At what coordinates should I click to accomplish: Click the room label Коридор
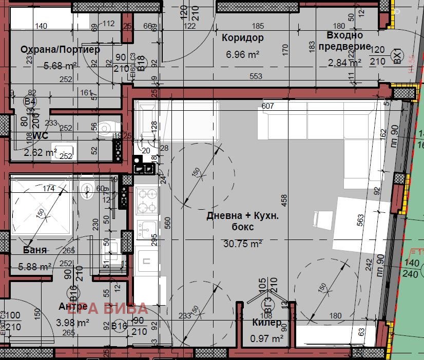click(242, 38)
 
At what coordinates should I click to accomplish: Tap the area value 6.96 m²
click(242, 53)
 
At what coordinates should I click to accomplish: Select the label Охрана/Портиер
click(60, 50)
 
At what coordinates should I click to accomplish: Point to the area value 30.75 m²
click(242, 244)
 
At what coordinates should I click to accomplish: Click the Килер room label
click(266, 323)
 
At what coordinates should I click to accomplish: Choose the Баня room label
click(35, 250)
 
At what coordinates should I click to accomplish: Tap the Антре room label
click(69, 306)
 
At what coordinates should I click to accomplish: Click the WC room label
click(40, 136)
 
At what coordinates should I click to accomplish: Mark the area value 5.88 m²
click(34, 267)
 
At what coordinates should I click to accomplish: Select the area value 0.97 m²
click(267, 338)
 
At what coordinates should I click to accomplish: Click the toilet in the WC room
click(106, 128)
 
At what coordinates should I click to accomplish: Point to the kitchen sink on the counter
click(147, 228)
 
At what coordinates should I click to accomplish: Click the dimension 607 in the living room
click(268, 106)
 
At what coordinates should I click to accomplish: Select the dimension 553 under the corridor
click(256, 76)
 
